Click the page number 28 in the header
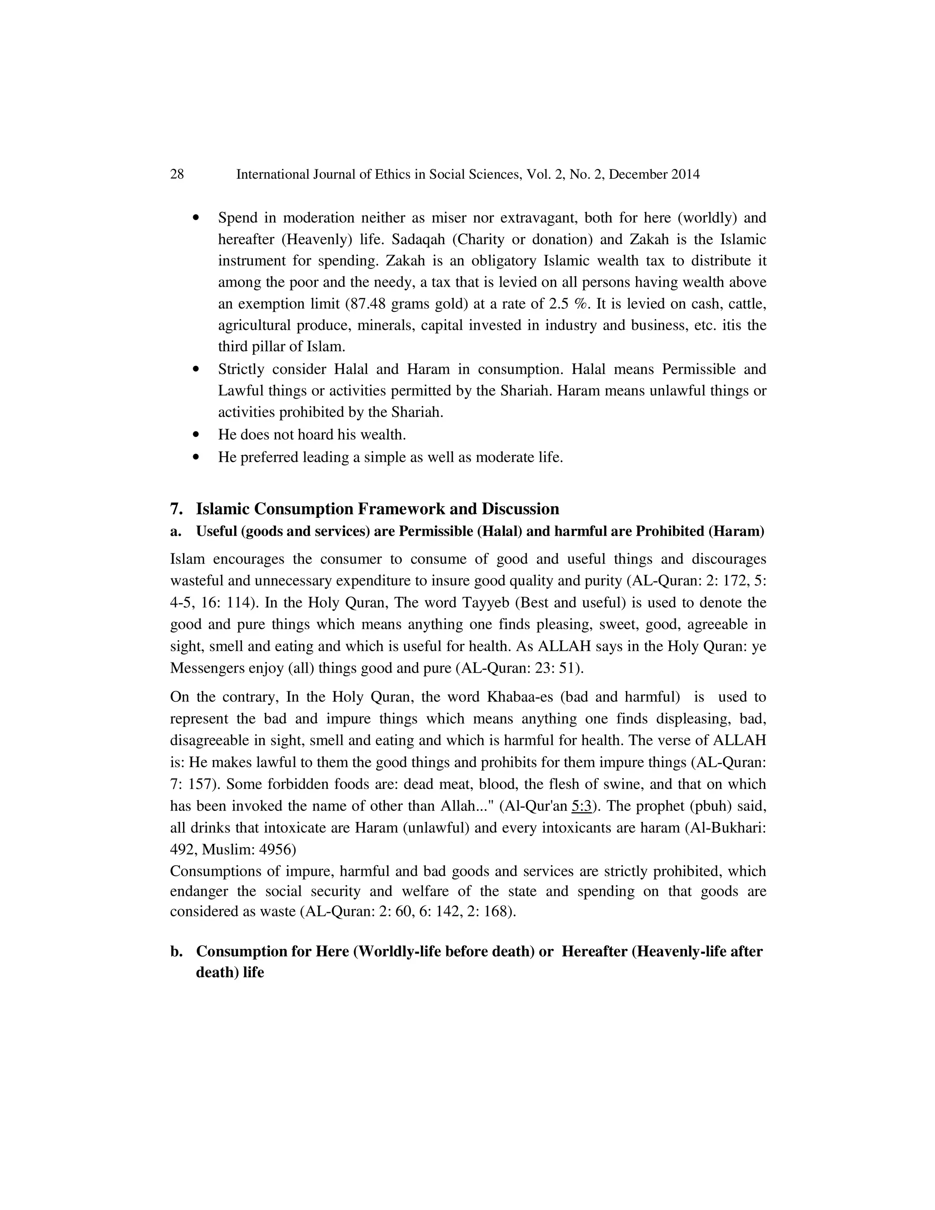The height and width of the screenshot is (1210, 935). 177,174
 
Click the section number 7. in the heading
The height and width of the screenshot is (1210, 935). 176,509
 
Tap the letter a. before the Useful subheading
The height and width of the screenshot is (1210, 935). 176,531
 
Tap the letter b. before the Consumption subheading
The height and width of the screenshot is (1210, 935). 176,951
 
